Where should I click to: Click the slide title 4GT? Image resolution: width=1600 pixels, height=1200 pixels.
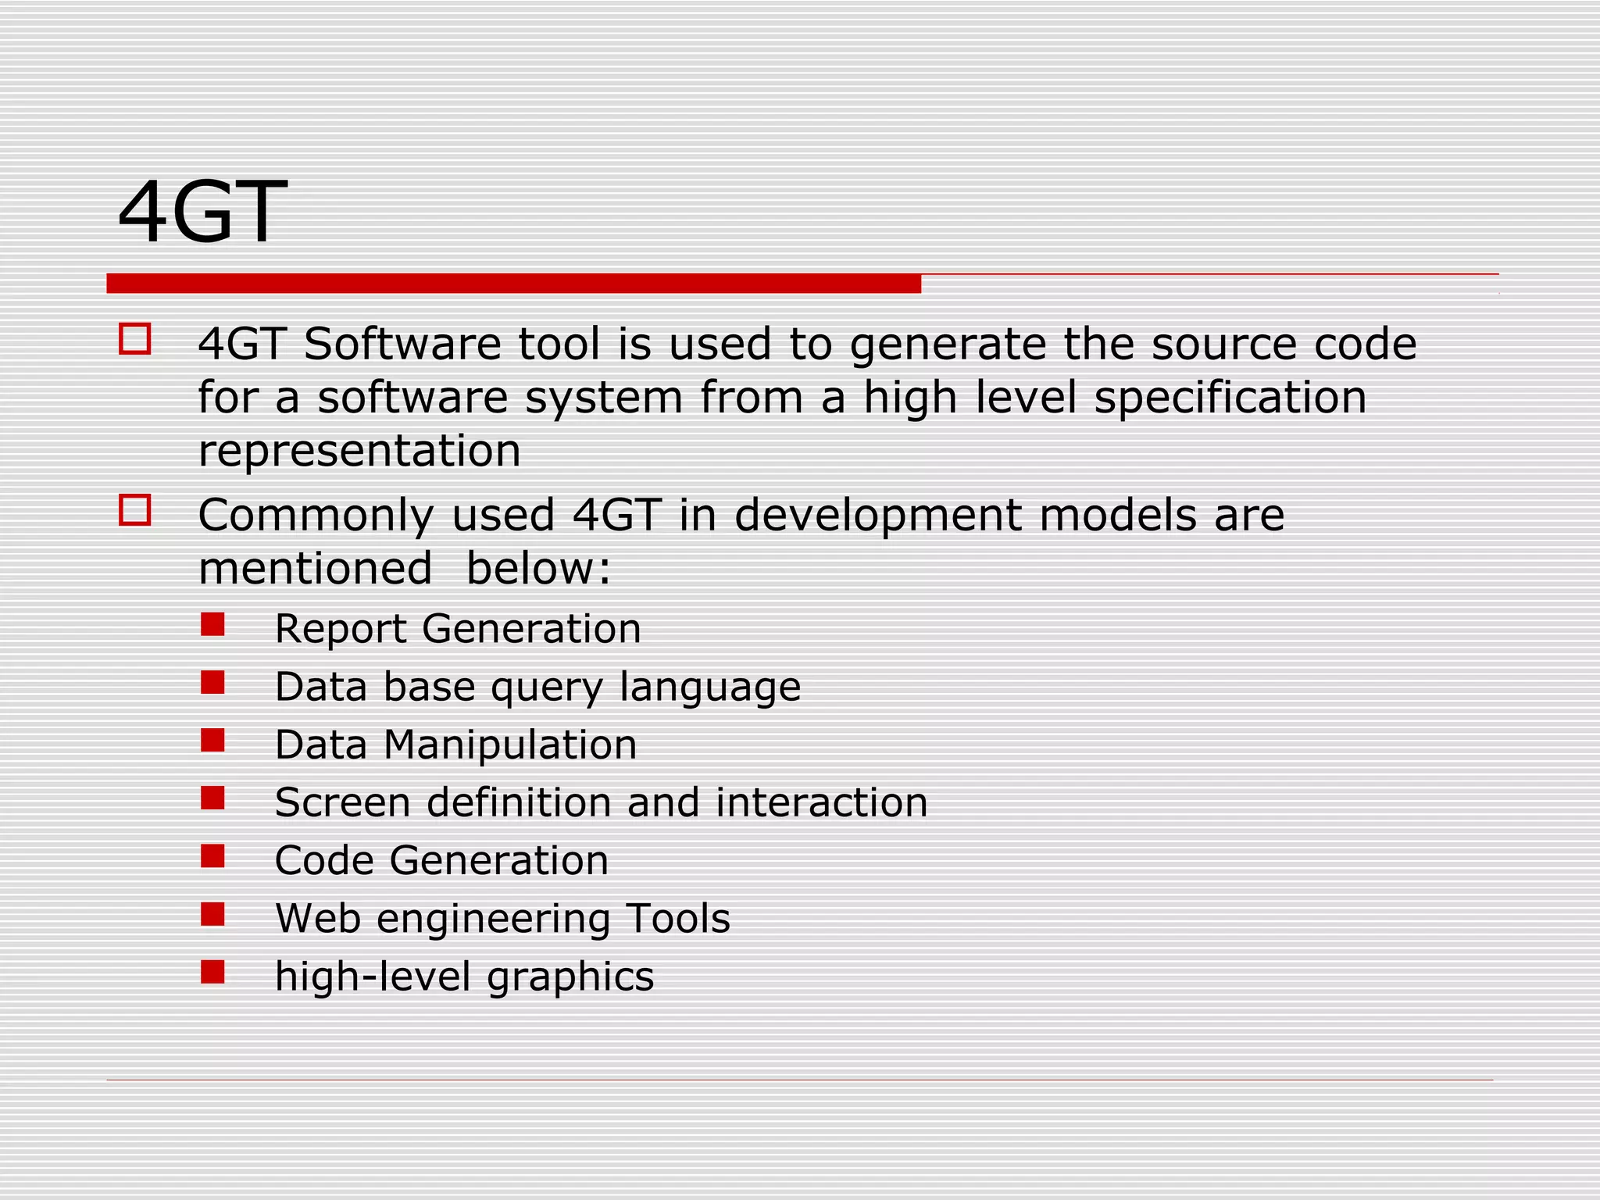[202, 212]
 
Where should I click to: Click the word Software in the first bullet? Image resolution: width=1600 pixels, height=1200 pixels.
[402, 344]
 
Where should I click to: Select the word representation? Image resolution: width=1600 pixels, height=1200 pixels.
[359, 451]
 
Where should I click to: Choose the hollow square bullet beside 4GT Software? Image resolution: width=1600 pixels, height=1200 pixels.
[135, 340]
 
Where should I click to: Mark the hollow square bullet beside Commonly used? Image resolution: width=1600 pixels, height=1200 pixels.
[135, 511]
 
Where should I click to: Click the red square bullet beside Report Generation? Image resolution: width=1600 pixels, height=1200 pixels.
[212, 625]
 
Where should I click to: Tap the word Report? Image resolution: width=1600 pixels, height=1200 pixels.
[341, 629]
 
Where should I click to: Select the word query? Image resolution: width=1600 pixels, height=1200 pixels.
[547, 688]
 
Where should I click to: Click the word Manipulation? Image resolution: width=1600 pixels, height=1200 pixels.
[510, 745]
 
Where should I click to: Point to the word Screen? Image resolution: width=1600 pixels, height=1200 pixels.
[342, 802]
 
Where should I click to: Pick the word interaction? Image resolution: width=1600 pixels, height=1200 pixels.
[821, 802]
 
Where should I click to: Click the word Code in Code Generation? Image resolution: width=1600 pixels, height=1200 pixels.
[324, 860]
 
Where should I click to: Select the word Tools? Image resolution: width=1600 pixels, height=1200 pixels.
[677, 918]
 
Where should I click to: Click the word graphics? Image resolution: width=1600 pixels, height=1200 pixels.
[570, 977]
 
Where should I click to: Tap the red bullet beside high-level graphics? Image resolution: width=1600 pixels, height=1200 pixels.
[212, 972]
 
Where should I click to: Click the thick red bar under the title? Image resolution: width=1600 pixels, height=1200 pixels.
[513, 284]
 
